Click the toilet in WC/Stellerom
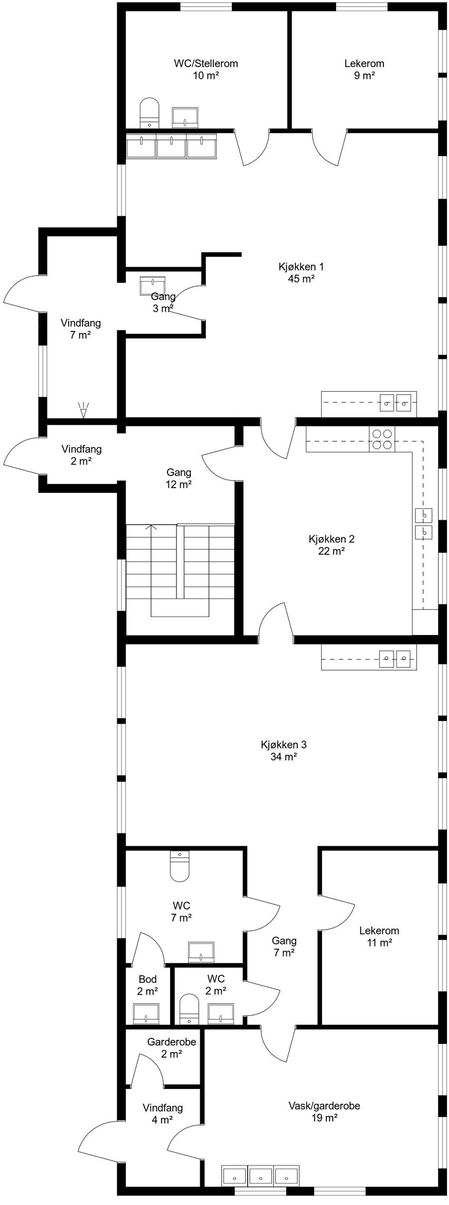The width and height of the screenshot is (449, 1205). pyautogui.click(x=149, y=112)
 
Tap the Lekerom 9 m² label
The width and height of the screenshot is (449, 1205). pyautogui.click(x=364, y=69)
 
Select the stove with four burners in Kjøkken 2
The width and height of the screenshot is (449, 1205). pyautogui.click(x=382, y=439)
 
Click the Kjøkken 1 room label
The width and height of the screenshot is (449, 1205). pyautogui.click(x=301, y=272)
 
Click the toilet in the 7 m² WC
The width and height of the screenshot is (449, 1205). pyautogui.click(x=180, y=866)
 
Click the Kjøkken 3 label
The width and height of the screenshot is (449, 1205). pyautogui.click(x=284, y=751)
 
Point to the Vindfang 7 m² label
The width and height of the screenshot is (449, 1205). pyautogui.click(x=80, y=329)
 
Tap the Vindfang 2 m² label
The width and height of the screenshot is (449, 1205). pyautogui.click(x=81, y=456)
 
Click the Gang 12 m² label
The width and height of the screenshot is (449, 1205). pyautogui.click(x=179, y=478)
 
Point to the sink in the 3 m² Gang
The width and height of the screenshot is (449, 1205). pyautogui.click(x=153, y=286)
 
